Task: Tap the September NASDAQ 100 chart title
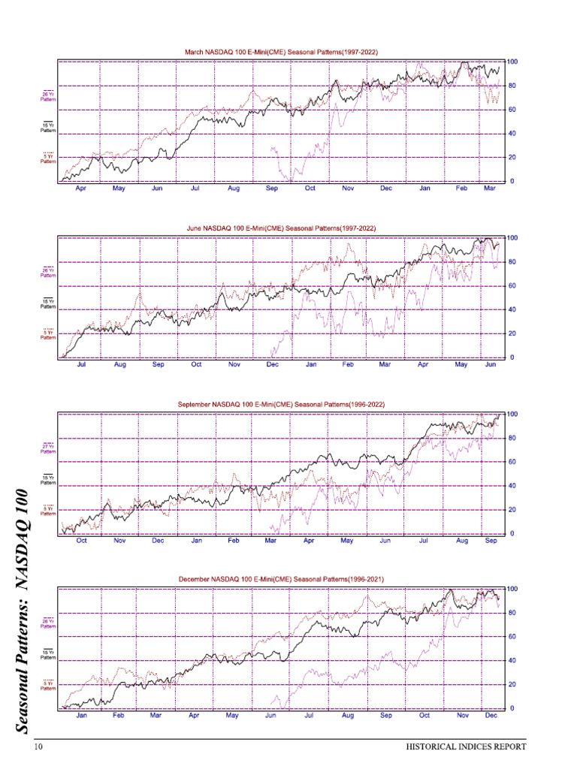click(x=281, y=404)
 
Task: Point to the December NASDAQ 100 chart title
click(x=281, y=580)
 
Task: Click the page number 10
click(x=38, y=747)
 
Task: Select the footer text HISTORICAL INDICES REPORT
click(x=466, y=747)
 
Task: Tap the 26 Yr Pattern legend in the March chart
click(x=48, y=96)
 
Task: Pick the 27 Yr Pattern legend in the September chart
click(x=48, y=448)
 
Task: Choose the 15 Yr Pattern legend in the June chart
click(x=48, y=303)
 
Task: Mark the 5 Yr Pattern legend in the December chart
click(x=48, y=684)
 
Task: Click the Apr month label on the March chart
click(x=81, y=189)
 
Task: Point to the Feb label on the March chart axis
click(x=462, y=189)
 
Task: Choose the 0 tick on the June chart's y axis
click(x=511, y=357)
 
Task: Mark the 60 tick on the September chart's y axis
click(x=513, y=462)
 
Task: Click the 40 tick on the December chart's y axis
click(x=513, y=661)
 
